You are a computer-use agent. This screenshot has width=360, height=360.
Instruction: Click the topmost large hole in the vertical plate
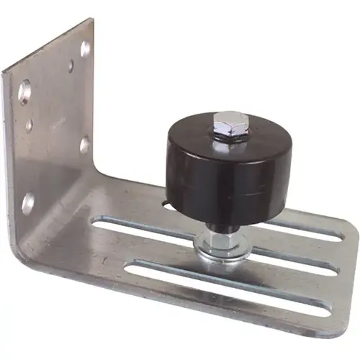click(x=86, y=49)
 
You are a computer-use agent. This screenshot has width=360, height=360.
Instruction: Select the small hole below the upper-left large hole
click(x=30, y=125)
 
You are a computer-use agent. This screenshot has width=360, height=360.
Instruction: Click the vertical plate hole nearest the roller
click(x=85, y=145)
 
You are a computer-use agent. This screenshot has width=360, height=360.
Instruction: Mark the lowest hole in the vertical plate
click(x=27, y=202)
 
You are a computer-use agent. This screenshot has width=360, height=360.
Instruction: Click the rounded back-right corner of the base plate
click(x=348, y=230)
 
